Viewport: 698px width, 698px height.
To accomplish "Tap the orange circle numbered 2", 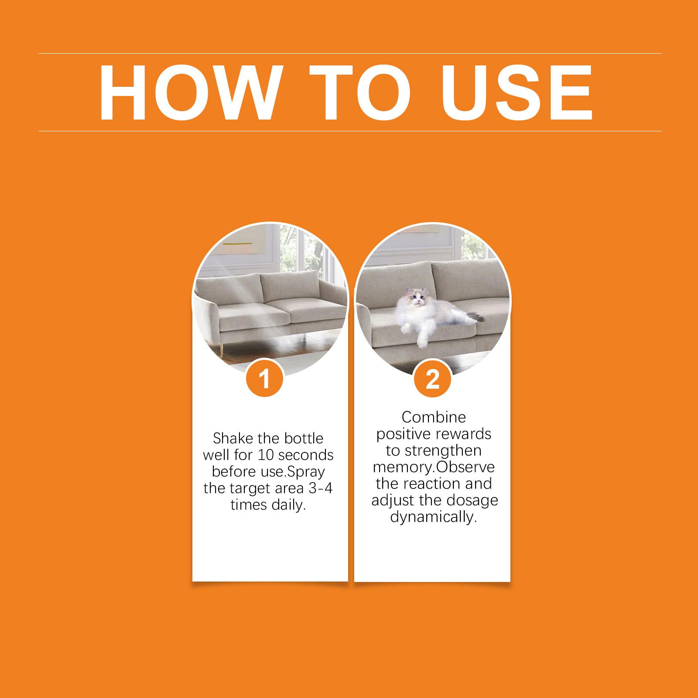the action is click(x=433, y=379).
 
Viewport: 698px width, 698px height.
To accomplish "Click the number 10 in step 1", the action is click(x=266, y=455).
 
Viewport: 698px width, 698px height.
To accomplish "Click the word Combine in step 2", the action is click(x=434, y=417).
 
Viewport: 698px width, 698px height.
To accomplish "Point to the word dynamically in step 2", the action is click(x=432, y=517).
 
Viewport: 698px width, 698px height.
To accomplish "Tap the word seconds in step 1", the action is click(x=306, y=455).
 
